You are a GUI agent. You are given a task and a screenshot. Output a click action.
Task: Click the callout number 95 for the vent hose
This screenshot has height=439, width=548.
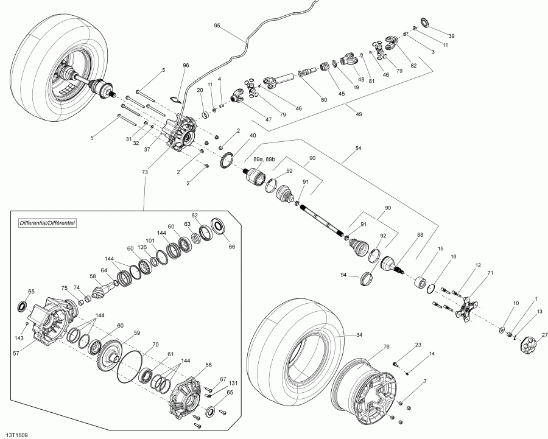click(217, 26)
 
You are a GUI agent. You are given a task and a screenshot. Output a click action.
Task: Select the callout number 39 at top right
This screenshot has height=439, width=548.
click(451, 35)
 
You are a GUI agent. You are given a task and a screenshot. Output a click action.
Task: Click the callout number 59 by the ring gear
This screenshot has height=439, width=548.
click(138, 332)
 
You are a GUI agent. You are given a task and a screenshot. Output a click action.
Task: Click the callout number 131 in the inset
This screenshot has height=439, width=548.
click(234, 384)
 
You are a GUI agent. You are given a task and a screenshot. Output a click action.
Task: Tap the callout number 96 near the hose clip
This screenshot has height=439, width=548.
click(186, 65)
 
